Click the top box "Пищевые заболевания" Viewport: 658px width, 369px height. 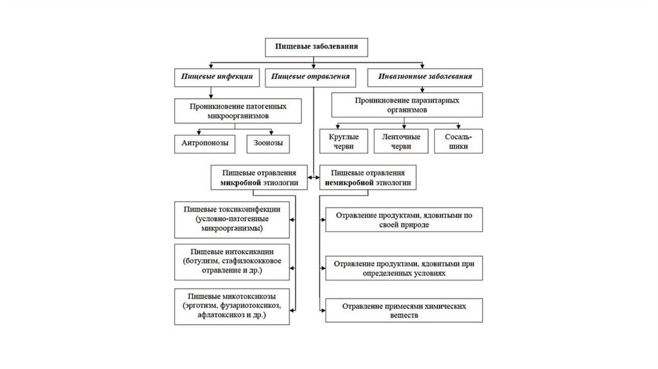click(x=312, y=47)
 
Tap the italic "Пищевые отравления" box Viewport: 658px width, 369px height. click(x=310, y=76)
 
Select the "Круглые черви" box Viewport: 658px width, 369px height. click(x=344, y=141)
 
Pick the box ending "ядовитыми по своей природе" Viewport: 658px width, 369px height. click(x=404, y=220)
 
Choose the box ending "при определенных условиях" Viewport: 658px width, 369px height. click(x=404, y=267)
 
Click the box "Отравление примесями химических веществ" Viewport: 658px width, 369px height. click(x=404, y=310)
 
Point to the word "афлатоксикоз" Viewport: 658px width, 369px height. click(x=217, y=316)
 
